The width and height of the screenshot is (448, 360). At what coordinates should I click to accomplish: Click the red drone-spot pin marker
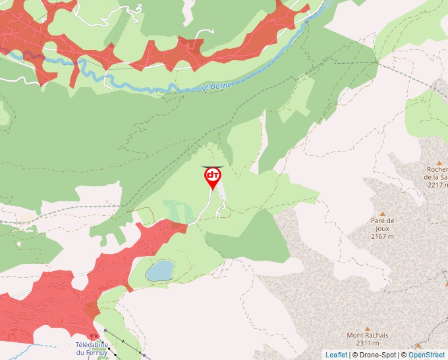coord(212,177)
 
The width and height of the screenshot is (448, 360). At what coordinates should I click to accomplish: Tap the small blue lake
coord(159,270)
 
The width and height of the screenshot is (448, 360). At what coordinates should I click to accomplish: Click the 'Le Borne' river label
coord(217,86)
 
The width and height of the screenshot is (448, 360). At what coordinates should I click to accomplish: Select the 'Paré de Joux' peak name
coord(382,221)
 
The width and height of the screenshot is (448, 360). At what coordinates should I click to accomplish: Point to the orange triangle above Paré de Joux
coord(382,213)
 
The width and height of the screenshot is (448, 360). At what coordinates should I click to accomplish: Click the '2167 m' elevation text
coord(382,236)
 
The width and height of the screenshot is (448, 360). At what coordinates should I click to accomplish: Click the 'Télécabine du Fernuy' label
coord(92,348)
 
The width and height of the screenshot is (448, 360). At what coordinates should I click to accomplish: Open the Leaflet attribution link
coord(336,355)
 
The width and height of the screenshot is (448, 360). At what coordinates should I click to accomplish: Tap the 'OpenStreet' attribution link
coord(427,355)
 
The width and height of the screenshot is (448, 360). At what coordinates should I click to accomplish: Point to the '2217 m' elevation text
coord(437,185)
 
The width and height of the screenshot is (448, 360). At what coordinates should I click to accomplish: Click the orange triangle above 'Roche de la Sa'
coord(439,163)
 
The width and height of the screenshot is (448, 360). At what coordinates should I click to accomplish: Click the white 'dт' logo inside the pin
coord(212,175)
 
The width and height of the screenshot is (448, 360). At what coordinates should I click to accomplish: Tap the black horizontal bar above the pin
coord(212,167)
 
